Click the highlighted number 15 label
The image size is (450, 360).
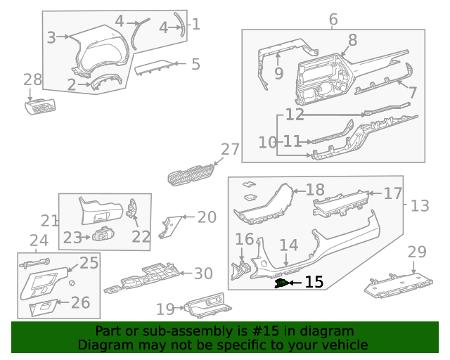click(314, 283)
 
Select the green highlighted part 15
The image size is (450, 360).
click(282, 283)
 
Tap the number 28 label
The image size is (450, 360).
click(33, 79)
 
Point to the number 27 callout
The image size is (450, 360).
click(231, 149)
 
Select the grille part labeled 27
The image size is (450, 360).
click(192, 174)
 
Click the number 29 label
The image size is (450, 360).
click(418, 252)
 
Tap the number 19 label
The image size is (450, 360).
click(165, 309)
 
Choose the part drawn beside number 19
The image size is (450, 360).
click(207, 307)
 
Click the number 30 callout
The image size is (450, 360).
click(202, 274)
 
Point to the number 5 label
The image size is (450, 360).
click(195, 65)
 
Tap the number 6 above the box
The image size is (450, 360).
click(333, 19)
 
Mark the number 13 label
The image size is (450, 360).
click(420, 206)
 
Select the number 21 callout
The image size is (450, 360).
click(49, 220)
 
